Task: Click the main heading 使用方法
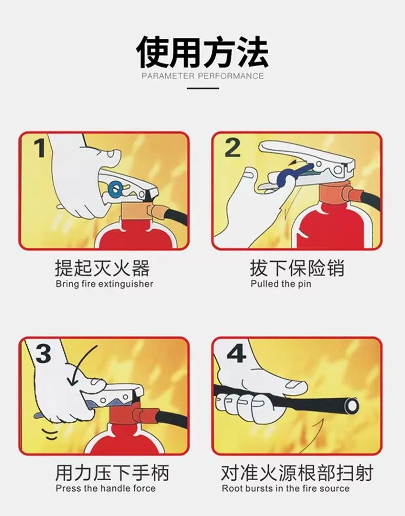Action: tap(202, 52)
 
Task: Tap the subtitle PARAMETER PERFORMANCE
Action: tap(202, 76)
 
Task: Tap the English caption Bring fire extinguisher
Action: tap(104, 284)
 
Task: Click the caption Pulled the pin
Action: tap(280, 284)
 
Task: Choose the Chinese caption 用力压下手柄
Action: tap(112, 472)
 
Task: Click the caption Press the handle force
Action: tap(105, 488)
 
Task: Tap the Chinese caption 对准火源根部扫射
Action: tap(297, 472)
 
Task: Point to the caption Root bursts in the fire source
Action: tap(286, 488)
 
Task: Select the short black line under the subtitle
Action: tap(202, 88)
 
